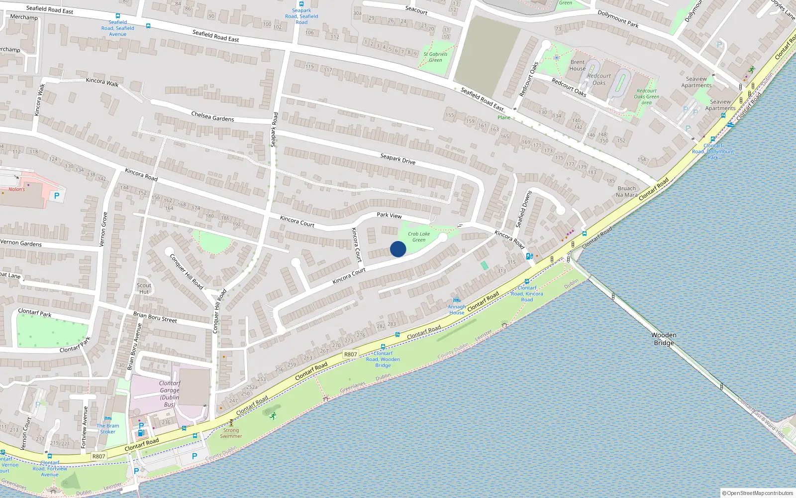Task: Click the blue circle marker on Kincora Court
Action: click(398, 249)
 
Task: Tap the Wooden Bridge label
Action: click(664, 339)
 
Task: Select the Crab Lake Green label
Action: click(419, 237)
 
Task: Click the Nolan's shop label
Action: click(16, 189)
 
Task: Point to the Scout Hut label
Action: click(144, 288)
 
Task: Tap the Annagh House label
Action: click(457, 310)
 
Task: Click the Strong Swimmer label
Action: click(231, 433)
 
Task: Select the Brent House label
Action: click(577, 65)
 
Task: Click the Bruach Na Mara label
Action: click(626, 192)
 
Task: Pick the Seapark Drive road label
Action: click(398, 159)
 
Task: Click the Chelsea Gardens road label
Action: click(212, 117)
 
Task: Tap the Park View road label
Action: click(389, 215)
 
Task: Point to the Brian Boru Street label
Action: click(155, 317)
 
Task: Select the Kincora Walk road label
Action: click(102, 82)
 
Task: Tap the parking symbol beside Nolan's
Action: click(57, 196)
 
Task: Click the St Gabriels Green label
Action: click(435, 57)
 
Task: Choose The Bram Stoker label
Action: click(108, 428)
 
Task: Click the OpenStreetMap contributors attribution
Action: click(758, 493)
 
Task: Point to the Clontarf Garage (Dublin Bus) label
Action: click(170, 393)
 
